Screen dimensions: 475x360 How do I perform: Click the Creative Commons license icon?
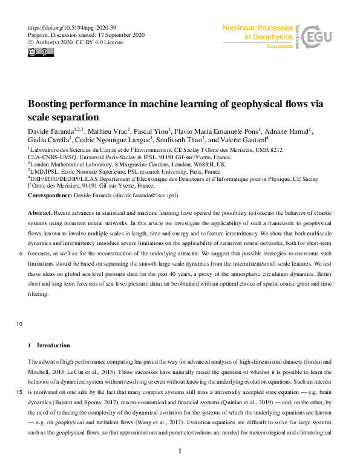pos(37,52)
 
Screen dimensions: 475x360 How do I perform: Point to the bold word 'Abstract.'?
pos(40,214)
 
